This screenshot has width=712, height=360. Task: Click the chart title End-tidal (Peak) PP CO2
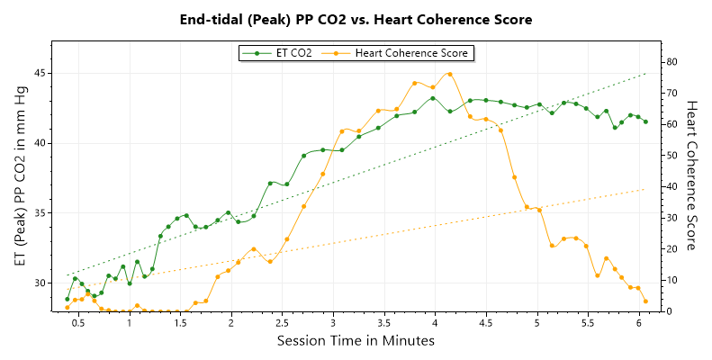356,19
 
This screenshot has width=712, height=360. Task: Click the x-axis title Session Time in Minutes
356,341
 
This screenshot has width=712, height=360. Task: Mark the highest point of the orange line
449,74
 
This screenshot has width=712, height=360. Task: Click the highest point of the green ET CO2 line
433,98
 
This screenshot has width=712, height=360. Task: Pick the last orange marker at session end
645,301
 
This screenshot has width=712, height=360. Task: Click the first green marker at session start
67,299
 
